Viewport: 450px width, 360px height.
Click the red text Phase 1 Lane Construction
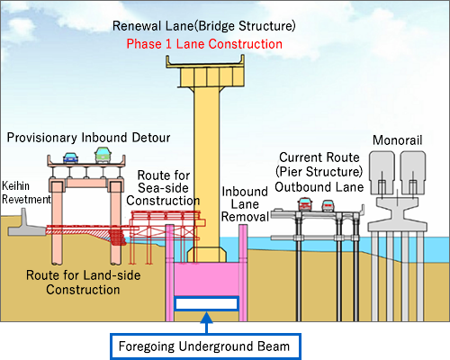[x=204, y=44]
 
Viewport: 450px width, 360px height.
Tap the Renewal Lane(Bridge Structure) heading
[x=204, y=26]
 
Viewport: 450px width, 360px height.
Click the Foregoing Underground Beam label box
[x=205, y=346]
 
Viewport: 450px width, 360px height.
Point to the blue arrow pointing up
[x=206, y=323]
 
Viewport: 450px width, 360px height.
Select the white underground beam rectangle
[x=207, y=303]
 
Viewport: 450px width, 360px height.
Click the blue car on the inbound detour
[x=71, y=157]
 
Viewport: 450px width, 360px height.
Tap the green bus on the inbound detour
[x=103, y=155]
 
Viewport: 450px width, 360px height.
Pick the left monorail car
[x=382, y=173]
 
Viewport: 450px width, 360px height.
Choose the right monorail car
[x=413, y=173]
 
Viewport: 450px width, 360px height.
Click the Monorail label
[x=398, y=140]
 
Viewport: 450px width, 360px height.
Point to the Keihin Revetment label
[x=26, y=193]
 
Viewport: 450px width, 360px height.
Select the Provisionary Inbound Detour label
[x=89, y=138]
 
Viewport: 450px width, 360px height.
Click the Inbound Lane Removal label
[x=245, y=204]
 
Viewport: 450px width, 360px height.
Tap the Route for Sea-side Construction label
[x=163, y=188]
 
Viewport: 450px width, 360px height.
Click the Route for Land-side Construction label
[x=83, y=283]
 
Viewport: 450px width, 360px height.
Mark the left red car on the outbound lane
[x=305, y=204]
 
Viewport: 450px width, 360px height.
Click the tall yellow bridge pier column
[x=207, y=168]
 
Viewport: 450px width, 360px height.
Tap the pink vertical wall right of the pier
[x=243, y=273]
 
